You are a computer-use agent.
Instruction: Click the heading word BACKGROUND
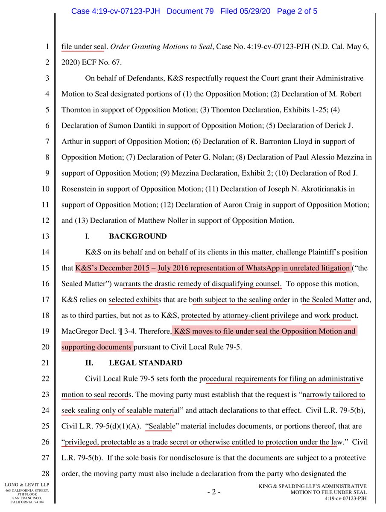[x=137, y=236]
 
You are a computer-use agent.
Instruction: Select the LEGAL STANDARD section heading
[x=146, y=363]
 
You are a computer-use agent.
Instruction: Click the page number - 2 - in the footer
[x=213, y=492]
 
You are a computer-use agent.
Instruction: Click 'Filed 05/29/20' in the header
[x=246, y=11]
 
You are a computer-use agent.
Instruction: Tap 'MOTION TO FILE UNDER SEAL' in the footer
[x=328, y=492]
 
